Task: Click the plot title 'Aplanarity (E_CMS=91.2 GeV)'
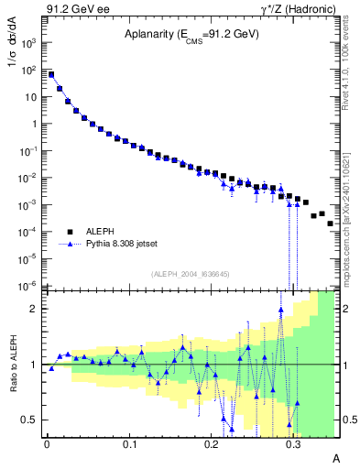[x=191, y=35]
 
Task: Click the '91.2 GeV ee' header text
[x=76, y=8]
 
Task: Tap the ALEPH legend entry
[x=103, y=232]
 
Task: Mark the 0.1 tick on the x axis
[x=129, y=442]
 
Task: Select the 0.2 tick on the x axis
[x=212, y=442]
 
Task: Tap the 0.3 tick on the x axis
[x=294, y=442]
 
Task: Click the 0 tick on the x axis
[x=47, y=442]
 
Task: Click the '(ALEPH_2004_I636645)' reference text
[x=189, y=274]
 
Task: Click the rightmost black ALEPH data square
[x=330, y=223]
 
